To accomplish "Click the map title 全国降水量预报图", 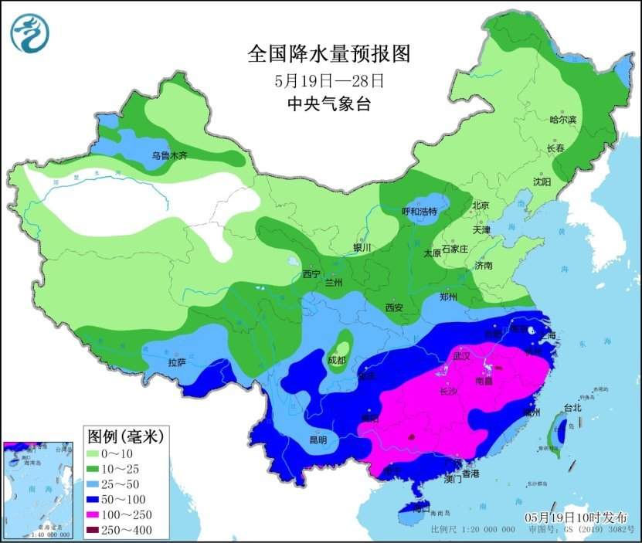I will pyautogui.click(x=328, y=53).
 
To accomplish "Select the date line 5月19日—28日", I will pyautogui.click(x=329, y=80).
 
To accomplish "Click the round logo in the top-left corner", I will pyautogui.click(x=29, y=33).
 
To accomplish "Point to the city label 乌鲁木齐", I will pyautogui.click(x=169, y=155).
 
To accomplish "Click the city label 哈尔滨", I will pyautogui.click(x=562, y=120).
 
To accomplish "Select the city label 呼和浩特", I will pyautogui.click(x=420, y=212).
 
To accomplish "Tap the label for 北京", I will pyautogui.click(x=481, y=205).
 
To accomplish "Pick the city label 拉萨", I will pyautogui.click(x=176, y=361).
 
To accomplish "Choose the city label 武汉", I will pyautogui.click(x=461, y=357).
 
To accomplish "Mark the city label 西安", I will pyautogui.click(x=395, y=307).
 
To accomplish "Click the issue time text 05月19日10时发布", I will pyautogui.click(x=576, y=517).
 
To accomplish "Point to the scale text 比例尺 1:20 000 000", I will pyautogui.click(x=472, y=531).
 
